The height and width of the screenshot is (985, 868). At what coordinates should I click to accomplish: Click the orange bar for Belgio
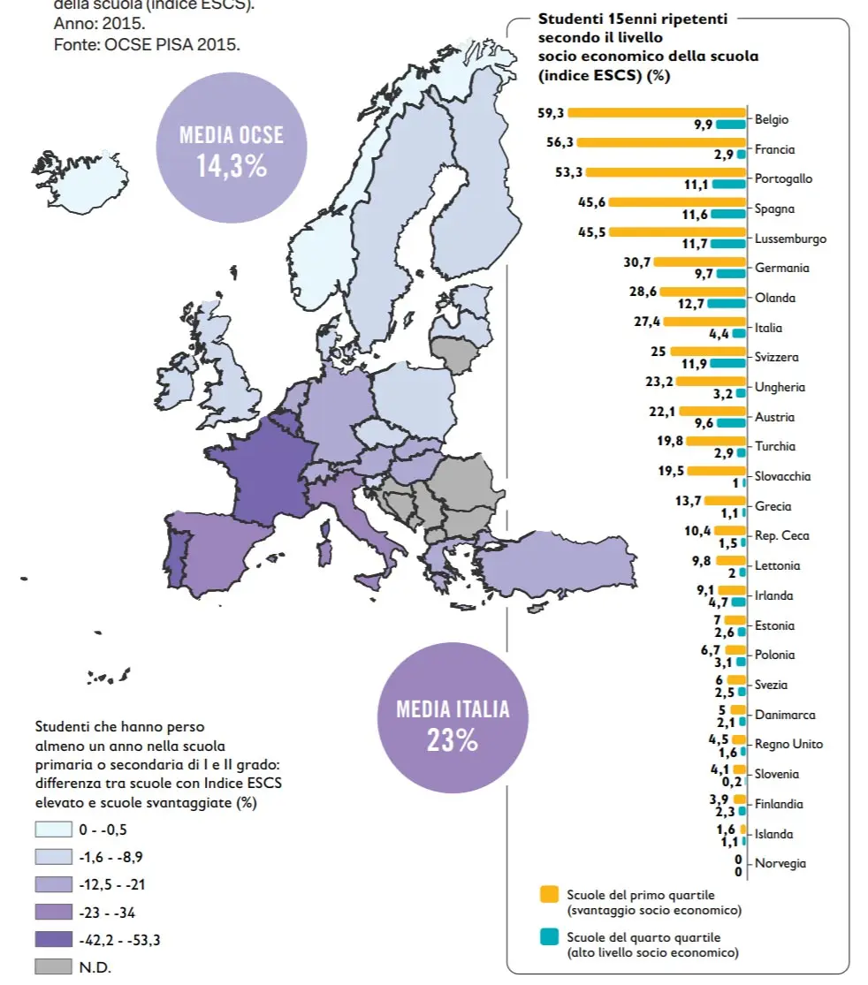click(x=659, y=112)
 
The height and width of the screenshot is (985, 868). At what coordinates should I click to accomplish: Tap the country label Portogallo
click(x=783, y=178)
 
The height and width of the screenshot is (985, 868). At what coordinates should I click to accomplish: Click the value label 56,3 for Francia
click(x=561, y=142)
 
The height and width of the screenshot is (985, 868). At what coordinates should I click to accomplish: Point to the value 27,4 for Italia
click(x=647, y=321)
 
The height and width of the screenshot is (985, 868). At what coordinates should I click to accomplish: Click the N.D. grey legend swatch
click(x=53, y=967)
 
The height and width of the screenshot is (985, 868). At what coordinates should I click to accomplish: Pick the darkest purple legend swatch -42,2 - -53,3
click(x=53, y=940)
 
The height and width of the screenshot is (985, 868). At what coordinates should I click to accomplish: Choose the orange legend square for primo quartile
click(x=548, y=895)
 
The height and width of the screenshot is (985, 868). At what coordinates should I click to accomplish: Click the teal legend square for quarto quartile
click(x=548, y=936)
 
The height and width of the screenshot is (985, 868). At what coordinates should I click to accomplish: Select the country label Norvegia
click(x=780, y=863)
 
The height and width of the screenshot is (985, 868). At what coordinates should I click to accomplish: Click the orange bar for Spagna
click(x=678, y=202)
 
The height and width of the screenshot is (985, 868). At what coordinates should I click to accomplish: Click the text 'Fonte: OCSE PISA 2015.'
click(x=147, y=44)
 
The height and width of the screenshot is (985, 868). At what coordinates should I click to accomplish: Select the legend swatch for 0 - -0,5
click(x=53, y=830)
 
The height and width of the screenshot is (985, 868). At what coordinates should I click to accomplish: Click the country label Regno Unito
click(x=788, y=744)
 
